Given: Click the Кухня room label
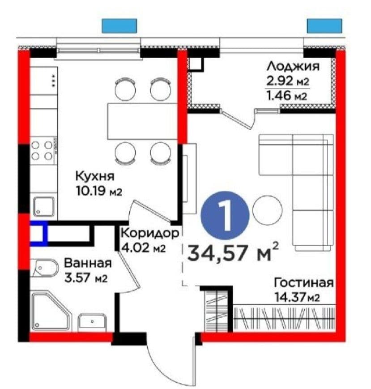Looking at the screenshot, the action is (95, 176).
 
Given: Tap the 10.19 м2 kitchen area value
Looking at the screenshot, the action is (99, 191).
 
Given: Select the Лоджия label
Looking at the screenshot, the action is (293, 67).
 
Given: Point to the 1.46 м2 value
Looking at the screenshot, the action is (287, 95).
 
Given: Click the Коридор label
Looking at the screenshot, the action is (149, 233).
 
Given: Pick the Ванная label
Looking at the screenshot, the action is (88, 263).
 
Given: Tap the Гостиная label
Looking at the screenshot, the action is (303, 283).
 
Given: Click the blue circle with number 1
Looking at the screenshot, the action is (225, 215).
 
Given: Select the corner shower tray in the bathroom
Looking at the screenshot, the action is (51, 312).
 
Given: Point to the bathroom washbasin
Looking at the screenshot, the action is (92, 322).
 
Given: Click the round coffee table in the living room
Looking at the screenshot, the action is (267, 210).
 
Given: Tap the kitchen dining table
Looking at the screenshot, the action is (142, 122).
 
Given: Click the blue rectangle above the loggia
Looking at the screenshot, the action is (324, 26).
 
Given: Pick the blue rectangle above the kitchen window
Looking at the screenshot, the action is (119, 26).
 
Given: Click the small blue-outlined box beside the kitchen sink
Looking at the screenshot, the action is (38, 234).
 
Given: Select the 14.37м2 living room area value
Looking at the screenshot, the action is (297, 297).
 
